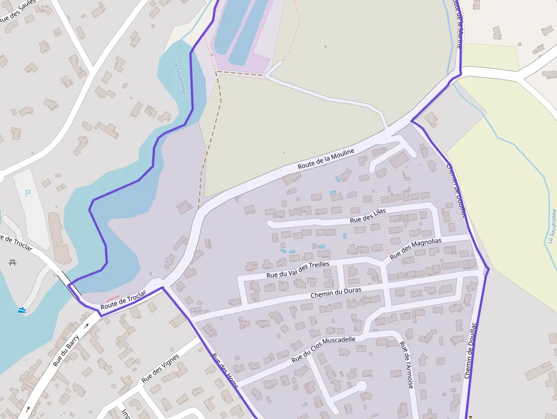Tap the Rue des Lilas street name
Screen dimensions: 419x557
(x=368, y=215)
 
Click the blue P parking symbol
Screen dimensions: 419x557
(x=28, y=193)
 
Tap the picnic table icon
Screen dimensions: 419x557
(x=13, y=262)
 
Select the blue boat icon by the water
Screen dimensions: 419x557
(x=22, y=310)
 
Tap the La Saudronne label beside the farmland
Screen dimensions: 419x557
(x=551, y=226)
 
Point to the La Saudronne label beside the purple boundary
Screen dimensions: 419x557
(x=179, y=77)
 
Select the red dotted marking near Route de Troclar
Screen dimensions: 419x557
(x=113, y=298)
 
